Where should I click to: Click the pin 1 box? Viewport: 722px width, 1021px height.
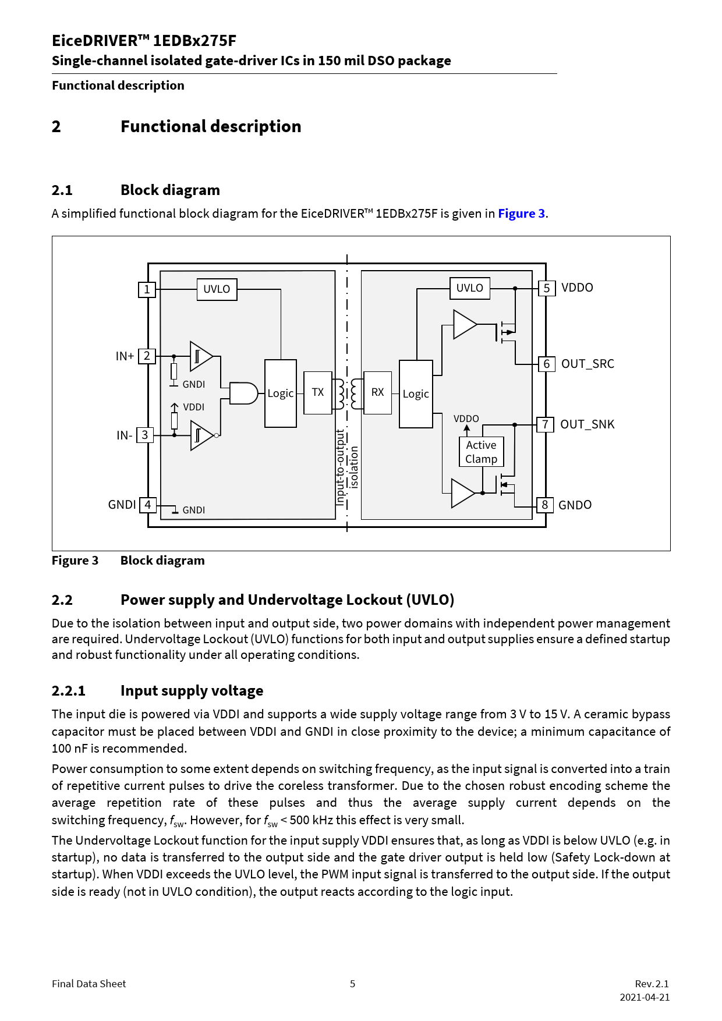click(147, 289)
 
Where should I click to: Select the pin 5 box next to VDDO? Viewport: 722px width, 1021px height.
click(546, 288)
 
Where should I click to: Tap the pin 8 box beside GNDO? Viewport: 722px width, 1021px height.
click(545, 505)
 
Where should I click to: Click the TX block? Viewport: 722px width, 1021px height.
click(318, 393)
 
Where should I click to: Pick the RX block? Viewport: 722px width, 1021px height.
click(377, 393)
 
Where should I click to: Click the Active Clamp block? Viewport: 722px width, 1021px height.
click(481, 452)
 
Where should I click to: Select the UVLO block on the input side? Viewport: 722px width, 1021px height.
click(217, 289)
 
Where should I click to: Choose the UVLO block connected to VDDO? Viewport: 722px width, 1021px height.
click(469, 288)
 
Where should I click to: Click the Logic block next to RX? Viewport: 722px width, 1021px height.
click(416, 394)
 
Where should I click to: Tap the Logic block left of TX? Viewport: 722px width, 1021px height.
click(281, 393)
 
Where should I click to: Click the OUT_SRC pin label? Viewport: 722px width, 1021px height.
click(587, 364)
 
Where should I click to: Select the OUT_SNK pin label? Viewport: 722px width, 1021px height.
click(587, 425)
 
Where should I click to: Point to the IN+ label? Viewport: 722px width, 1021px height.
click(125, 356)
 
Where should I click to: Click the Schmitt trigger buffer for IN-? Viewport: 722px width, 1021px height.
click(201, 435)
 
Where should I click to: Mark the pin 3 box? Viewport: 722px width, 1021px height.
click(145, 435)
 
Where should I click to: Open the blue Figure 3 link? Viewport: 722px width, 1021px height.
click(521, 214)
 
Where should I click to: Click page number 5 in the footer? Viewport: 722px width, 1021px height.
click(352, 984)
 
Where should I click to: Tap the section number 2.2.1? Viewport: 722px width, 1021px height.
click(68, 691)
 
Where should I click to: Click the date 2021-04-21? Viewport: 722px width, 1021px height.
click(645, 997)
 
